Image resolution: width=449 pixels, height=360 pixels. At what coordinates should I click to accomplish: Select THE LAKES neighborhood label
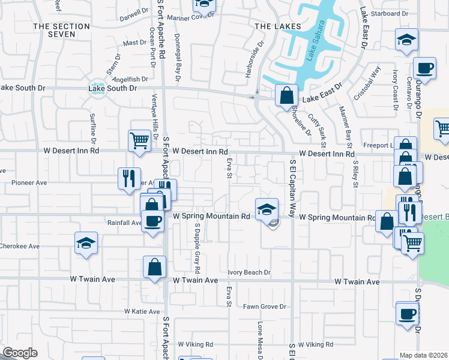[x=272, y=26]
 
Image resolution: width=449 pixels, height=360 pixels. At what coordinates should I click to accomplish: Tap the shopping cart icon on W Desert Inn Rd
[x=139, y=140]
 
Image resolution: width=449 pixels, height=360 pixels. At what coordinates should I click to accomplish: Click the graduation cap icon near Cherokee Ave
[x=86, y=244]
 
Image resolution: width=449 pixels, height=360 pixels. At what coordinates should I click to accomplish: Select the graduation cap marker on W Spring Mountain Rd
[x=267, y=209]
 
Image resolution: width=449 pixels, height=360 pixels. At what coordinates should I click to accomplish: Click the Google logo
[x=19, y=353]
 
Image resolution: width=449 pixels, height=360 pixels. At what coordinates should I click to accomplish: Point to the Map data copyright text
[x=424, y=355]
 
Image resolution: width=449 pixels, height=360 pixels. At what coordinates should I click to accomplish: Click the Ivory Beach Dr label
[x=249, y=272]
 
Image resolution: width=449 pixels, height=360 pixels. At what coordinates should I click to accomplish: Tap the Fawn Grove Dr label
[x=265, y=307]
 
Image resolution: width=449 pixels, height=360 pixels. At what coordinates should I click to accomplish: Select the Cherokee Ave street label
[x=20, y=246]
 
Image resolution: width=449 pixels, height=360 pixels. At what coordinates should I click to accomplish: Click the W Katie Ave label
[x=142, y=311]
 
